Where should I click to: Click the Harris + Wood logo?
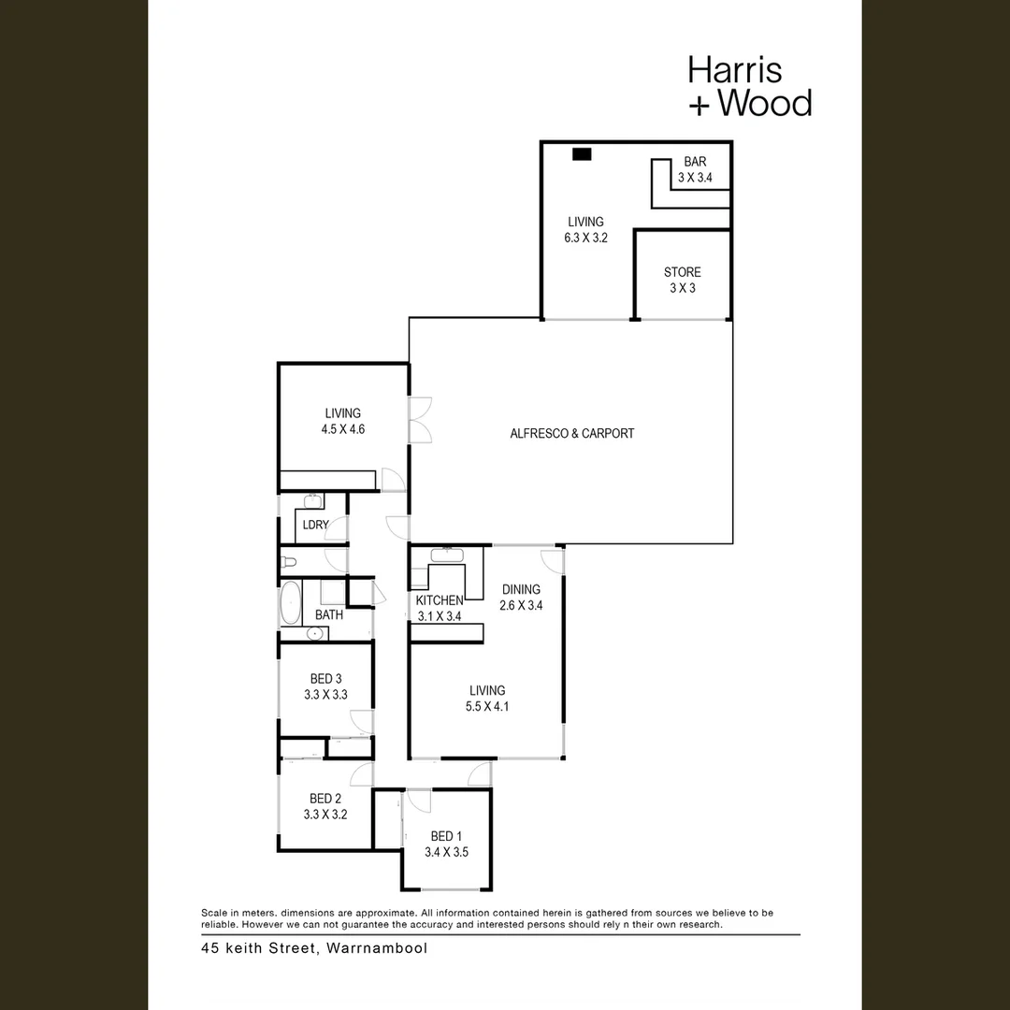click(749, 86)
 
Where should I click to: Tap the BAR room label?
click(695, 162)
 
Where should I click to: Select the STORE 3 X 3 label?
click(682, 280)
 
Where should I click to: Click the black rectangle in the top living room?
click(583, 155)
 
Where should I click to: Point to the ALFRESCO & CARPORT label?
click(571, 433)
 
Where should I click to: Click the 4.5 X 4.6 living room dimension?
click(342, 430)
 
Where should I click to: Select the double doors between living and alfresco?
click(420, 419)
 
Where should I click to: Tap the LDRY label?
click(315, 525)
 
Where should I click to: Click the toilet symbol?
click(289, 563)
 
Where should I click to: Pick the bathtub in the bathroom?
click(290, 603)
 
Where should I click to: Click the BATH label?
click(328, 615)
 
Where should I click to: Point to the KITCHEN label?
click(439, 599)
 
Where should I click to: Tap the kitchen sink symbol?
click(446, 555)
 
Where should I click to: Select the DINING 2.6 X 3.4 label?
click(521, 597)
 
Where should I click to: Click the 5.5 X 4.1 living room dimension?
click(487, 707)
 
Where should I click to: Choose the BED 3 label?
click(325, 679)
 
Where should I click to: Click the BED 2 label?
click(325, 799)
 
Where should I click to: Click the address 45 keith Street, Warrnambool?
click(314, 947)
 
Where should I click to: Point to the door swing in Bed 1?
click(418, 801)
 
